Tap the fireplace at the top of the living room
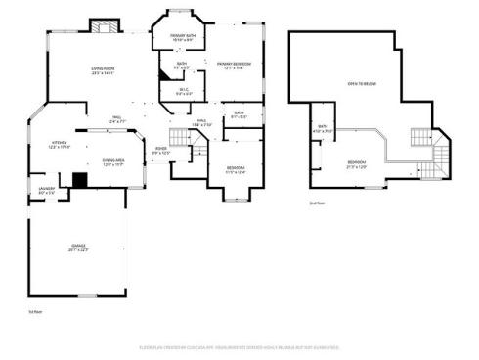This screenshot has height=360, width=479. [103, 26]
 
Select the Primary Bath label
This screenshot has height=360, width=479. [183, 38]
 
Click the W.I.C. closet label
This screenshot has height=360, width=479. [183, 93]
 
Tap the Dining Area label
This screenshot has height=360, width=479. [112, 161]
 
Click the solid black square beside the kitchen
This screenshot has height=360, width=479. [79, 180]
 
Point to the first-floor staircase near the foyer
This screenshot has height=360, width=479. [182, 138]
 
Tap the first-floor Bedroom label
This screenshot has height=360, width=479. [235, 169]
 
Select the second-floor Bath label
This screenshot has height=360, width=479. [323, 128]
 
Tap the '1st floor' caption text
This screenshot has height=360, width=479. [33, 311]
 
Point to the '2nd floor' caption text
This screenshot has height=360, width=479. [316, 202]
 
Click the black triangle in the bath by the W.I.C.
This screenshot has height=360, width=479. [162, 75]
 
